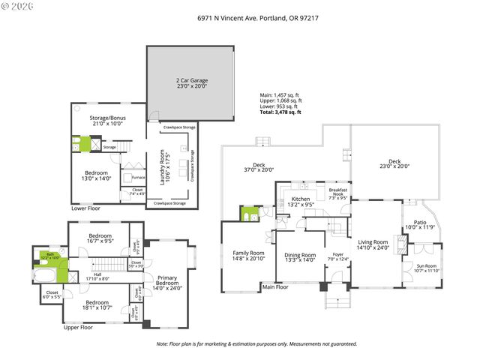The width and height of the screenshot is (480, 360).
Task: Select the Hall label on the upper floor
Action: [97, 276]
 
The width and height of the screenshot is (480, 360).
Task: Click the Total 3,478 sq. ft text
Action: [280, 112]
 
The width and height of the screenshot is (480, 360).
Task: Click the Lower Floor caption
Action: [86, 209]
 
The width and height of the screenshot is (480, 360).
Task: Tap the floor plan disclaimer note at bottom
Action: [256, 344]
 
